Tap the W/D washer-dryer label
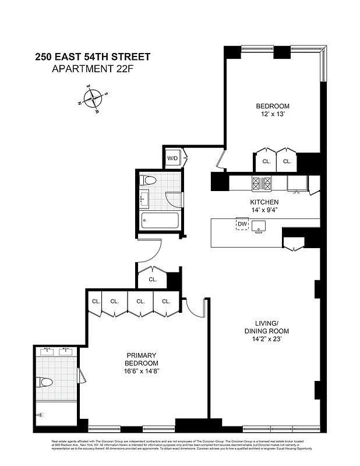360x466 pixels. click(x=172, y=158)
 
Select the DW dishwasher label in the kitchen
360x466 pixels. click(x=242, y=224)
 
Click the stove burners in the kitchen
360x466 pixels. click(x=261, y=183)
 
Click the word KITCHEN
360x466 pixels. click(x=264, y=202)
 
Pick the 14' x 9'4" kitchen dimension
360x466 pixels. click(x=264, y=211)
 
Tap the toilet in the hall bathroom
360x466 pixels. click(x=149, y=181)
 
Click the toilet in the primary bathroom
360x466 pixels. click(x=45, y=382)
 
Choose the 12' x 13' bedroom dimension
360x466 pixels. click(x=273, y=115)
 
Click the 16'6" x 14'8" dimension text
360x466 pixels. click(x=142, y=371)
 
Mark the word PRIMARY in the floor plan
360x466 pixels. click(x=142, y=355)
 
